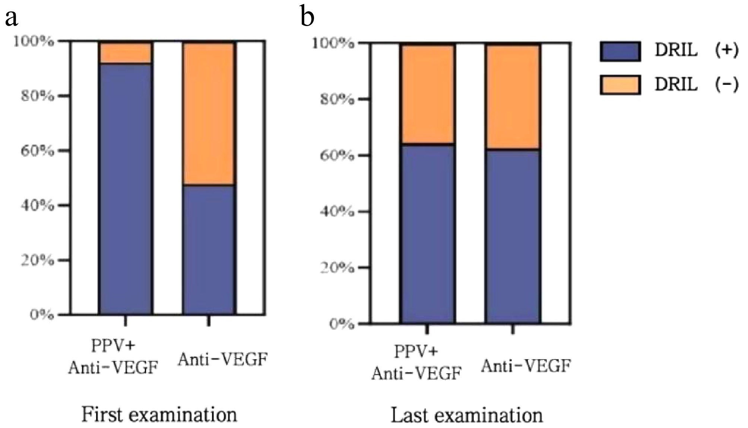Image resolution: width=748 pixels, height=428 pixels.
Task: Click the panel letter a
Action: click(x=12, y=17)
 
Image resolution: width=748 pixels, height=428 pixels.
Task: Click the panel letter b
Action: click(x=308, y=17)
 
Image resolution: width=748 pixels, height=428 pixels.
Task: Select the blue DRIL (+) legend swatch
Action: click(x=620, y=51)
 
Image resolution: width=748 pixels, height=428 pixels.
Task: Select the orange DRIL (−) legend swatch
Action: click(x=620, y=85)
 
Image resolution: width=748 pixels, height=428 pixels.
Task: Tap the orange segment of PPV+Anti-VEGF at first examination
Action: click(x=126, y=53)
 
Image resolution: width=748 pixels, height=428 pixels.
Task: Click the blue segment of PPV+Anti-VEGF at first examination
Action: click(x=126, y=189)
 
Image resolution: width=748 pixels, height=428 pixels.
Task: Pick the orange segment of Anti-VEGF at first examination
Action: click(x=209, y=114)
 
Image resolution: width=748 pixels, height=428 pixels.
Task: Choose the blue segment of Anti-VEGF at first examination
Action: click(x=209, y=249)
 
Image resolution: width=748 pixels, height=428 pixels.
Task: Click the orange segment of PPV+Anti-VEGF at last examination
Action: click(x=427, y=94)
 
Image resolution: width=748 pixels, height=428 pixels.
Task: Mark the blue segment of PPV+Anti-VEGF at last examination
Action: click(x=427, y=233)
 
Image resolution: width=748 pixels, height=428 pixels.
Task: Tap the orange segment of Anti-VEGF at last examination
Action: click(x=513, y=96)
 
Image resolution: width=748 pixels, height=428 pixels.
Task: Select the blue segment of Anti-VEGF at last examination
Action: click(x=513, y=236)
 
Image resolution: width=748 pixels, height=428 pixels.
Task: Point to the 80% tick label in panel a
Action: click(x=37, y=96)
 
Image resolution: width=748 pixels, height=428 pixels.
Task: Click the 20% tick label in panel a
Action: click(x=37, y=260)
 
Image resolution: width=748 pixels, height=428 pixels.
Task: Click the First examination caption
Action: click(x=159, y=414)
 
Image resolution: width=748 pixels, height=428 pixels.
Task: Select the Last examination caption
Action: click(x=466, y=415)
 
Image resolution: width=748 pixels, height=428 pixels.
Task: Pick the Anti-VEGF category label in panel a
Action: click(x=223, y=360)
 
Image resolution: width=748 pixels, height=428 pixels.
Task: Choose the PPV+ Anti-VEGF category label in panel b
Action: click(x=416, y=363)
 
